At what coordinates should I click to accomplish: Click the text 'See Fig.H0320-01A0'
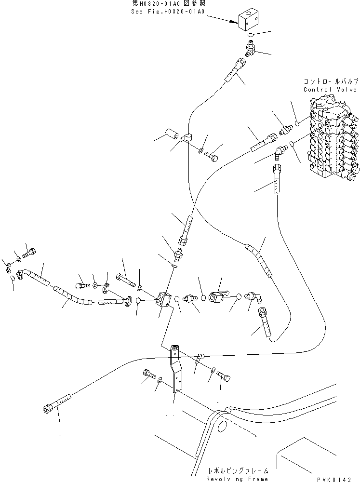[x=165, y=12]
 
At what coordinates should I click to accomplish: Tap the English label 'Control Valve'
[x=330, y=90]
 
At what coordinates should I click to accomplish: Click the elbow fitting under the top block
[x=249, y=49]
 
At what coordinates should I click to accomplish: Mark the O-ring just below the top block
[x=249, y=36]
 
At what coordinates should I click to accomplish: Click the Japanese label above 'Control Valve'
[x=330, y=81]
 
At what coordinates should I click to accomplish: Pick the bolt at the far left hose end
[x=30, y=252]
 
